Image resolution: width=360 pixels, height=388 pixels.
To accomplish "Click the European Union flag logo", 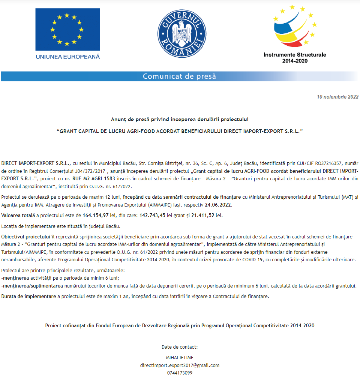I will point(67,29).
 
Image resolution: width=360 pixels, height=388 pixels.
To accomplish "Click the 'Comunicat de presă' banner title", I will point(180,76).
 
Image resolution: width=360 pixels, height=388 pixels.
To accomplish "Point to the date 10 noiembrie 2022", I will point(337,97).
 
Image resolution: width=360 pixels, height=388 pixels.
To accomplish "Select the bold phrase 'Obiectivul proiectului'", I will point(25,237).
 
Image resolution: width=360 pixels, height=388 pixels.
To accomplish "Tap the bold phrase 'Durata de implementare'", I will point(28,297).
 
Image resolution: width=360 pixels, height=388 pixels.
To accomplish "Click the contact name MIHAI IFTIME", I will point(180,357).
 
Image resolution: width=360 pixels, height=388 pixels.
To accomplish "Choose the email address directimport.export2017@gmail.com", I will point(180,365).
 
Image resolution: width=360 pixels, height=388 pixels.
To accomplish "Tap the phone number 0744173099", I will point(180,373).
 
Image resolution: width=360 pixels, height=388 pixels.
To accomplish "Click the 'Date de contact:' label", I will point(180,347).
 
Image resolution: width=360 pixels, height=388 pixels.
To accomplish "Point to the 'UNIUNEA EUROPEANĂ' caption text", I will point(68,57).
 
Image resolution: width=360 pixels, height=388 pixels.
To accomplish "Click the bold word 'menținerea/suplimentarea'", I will point(32,286).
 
